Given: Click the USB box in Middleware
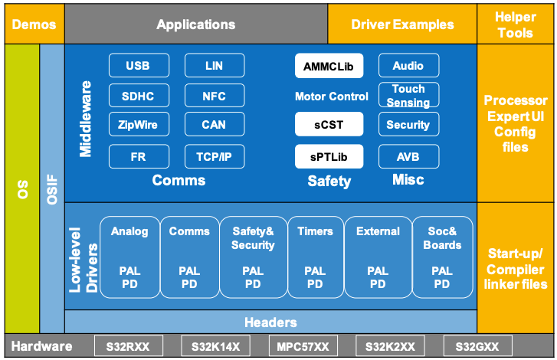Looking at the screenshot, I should click(138, 66).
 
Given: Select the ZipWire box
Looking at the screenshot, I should click(138, 125).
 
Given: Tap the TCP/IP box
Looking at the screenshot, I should click(214, 157).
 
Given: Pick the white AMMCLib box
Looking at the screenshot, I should click(329, 66).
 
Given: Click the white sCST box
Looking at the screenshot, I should click(329, 125).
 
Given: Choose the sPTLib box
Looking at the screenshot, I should click(329, 157).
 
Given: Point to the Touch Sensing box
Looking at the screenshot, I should click(408, 95).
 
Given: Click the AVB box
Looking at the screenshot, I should click(408, 157).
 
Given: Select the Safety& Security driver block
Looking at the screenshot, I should click(252, 257).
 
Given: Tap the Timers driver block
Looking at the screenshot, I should click(315, 257).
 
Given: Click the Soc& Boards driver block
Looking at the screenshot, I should click(442, 257).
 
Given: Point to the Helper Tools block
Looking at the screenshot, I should click(516, 24).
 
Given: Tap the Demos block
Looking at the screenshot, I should click(34, 25).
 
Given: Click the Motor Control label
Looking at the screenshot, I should click(331, 97).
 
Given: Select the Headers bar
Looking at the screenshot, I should click(270, 322).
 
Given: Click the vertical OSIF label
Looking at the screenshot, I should click(52, 188).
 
